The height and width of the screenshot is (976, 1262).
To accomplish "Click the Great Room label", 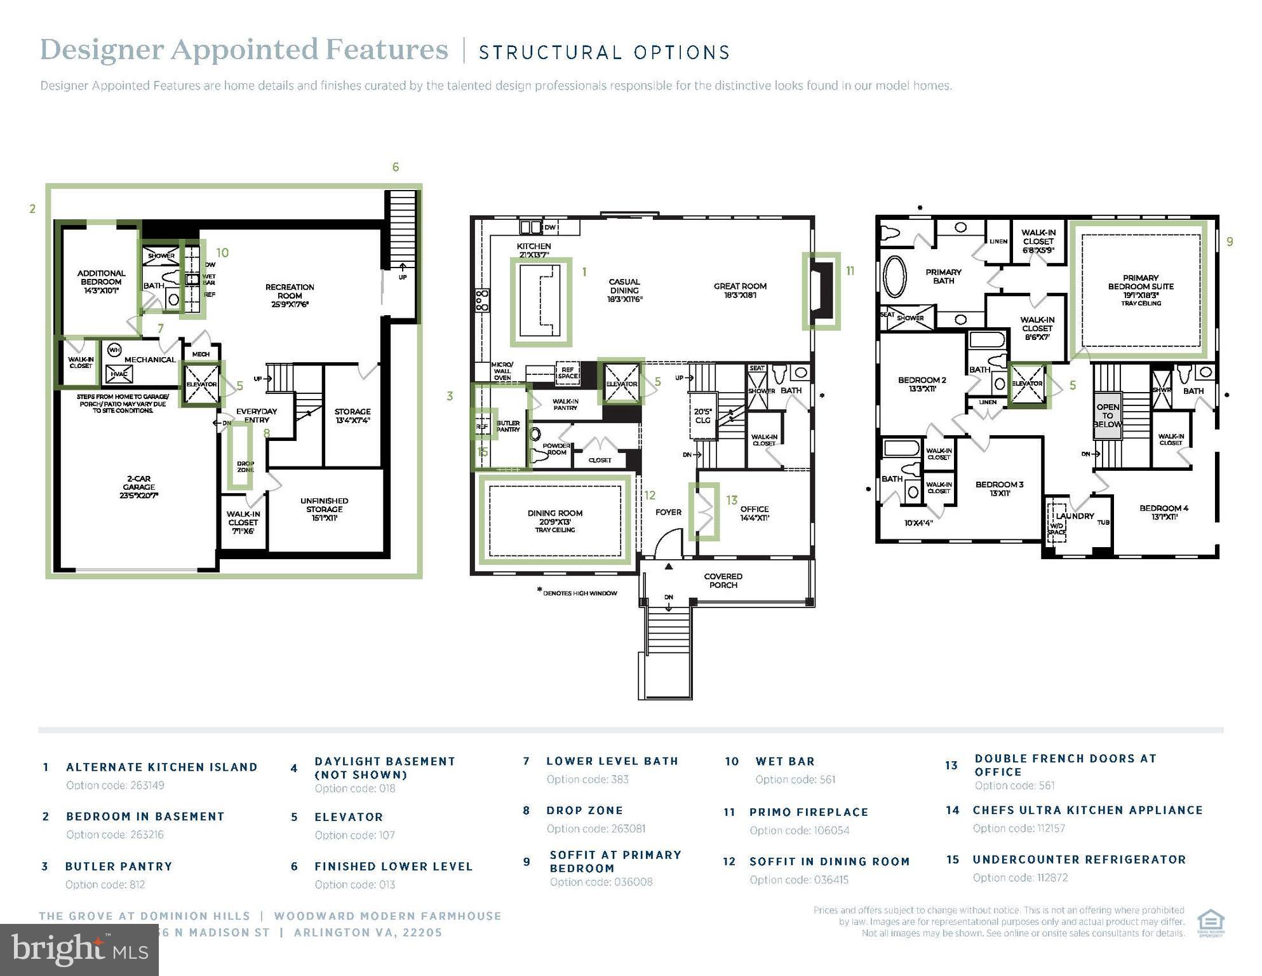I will point(740,290).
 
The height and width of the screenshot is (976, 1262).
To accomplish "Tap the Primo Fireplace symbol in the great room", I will point(821,292).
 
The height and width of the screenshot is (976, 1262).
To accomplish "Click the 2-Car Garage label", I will point(138,487).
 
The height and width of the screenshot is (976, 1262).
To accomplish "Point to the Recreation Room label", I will point(290,295).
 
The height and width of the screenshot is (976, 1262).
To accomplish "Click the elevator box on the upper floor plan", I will point(1027,384).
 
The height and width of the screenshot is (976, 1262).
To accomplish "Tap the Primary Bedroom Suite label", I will point(1141,286).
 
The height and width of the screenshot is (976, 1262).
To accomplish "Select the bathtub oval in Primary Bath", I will point(896,276).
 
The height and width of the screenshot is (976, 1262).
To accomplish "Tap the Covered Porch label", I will point(723,581).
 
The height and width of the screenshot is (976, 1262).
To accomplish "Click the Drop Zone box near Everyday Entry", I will point(240,456).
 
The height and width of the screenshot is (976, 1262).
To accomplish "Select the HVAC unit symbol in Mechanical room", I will point(119,374).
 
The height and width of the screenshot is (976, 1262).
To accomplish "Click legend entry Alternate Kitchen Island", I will point(161,767).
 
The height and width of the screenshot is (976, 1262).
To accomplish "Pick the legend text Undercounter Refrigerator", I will point(1079,860).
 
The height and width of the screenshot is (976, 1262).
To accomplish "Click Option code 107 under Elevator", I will point(354,835).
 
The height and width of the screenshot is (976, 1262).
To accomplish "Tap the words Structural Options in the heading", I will point(604,52).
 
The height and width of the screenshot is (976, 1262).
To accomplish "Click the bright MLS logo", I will point(79,949).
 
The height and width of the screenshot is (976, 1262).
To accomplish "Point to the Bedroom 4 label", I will point(1164,512).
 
